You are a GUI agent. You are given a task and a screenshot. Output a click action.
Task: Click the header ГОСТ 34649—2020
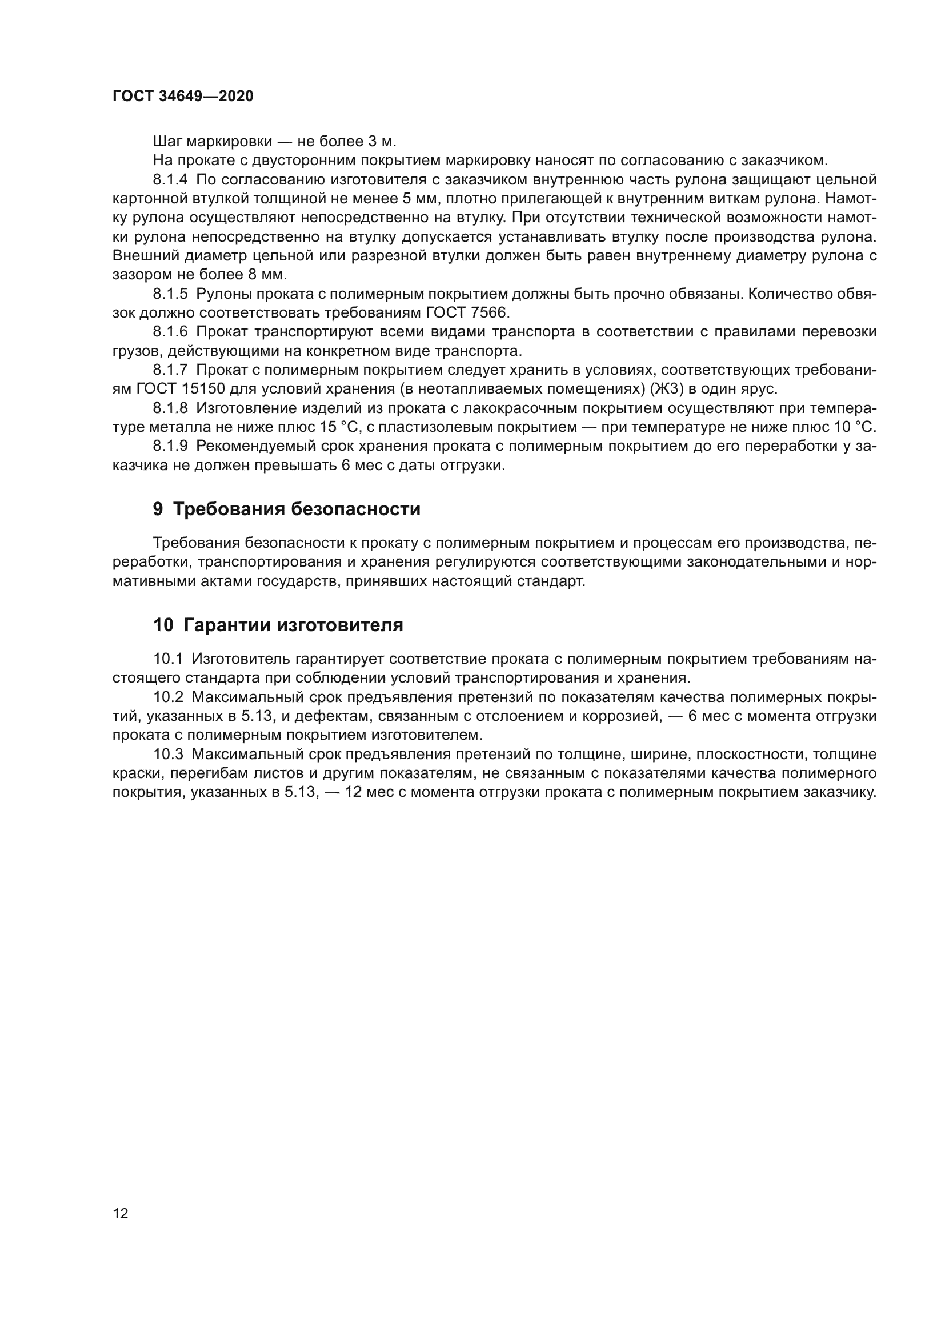pyautogui.click(x=183, y=96)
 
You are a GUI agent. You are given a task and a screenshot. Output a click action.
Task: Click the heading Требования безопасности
pyautogui.click(x=297, y=509)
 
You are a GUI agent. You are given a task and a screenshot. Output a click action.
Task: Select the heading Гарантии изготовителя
pyautogui.click(x=293, y=625)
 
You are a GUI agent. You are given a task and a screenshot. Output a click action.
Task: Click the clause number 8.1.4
pyautogui.click(x=170, y=179)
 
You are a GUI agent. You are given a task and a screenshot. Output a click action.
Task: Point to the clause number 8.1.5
pyautogui.click(x=170, y=294)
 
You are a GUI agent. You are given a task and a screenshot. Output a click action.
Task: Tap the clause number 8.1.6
pyautogui.click(x=170, y=332)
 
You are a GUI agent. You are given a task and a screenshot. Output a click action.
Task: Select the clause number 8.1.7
pyautogui.click(x=170, y=370)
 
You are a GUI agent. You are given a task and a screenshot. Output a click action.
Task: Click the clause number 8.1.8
pyautogui.click(x=170, y=408)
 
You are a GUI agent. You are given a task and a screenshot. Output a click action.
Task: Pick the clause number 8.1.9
pyautogui.click(x=170, y=446)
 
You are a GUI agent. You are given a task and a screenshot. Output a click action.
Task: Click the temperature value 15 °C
pyautogui.click(x=339, y=427)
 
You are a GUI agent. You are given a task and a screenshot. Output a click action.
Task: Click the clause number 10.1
pyautogui.click(x=167, y=659)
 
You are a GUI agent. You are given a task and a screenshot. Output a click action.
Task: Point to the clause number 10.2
pyautogui.click(x=167, y=697)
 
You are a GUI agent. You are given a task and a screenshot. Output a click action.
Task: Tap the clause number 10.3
pyautogui.click(x=167, y=754)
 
